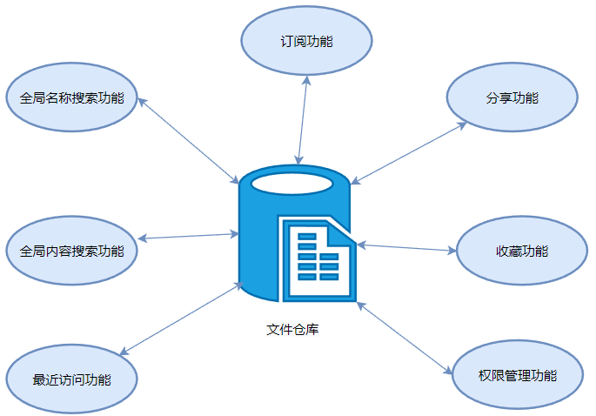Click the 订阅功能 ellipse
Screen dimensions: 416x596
(x=306, y=41)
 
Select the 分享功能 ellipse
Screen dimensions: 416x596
(x=512, y=97)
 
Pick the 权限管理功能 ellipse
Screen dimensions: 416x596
(x=517, y=376)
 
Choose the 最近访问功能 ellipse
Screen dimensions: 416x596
(x=71, y=379)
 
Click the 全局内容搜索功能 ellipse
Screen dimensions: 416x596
(x=71, y=252)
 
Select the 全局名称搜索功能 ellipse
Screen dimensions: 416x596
(x=71, y=97)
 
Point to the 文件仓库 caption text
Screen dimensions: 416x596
(x=292, y=330)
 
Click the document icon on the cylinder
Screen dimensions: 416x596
(x=315, y=258)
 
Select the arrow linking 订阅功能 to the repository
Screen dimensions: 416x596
(x=302, y=120)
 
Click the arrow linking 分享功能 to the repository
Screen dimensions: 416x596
(x=409, y=153)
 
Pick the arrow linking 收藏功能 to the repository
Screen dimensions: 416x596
(x=406, y=248)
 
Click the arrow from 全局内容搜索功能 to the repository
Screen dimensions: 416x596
(x=188, y=236)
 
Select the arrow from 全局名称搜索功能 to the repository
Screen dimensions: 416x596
(x=188, y=139)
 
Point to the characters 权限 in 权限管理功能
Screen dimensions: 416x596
(x=491, y=376)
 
